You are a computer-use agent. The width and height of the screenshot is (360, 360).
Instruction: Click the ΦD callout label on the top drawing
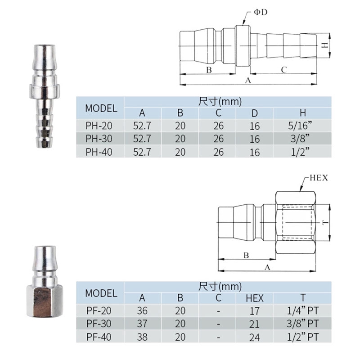point(261,12)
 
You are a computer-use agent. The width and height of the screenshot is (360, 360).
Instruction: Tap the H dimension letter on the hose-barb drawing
point(324,45)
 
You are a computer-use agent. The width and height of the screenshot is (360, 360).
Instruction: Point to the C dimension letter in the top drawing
point(284,70)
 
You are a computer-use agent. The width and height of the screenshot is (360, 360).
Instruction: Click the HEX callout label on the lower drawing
point(319,178)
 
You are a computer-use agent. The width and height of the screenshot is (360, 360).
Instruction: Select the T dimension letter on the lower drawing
point(325,222)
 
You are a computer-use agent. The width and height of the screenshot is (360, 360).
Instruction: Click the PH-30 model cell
point(99,139)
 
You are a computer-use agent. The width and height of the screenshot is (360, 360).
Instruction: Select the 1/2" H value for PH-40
point(300,152)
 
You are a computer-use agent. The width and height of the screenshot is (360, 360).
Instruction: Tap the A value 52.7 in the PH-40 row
point(142,152)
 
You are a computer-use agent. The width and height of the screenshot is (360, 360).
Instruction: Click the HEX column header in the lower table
point(255,298)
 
